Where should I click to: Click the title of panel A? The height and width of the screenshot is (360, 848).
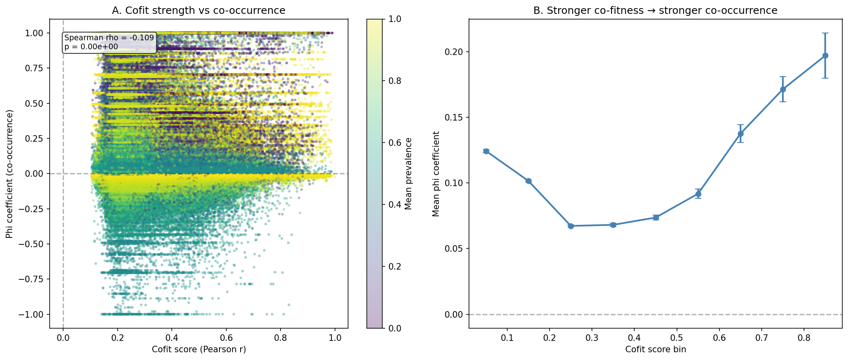pyautogui.click(x=199, y=11)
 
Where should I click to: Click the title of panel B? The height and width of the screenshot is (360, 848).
pyautogui.click(x=655, y=11)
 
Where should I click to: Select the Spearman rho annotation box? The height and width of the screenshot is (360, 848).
pyautogui.click(x=109, y=42)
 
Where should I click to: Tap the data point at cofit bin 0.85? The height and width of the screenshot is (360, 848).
pyautogui.click(x=825, y=55)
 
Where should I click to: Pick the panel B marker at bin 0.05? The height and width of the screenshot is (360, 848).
pyautogui.click(x=486, y=151)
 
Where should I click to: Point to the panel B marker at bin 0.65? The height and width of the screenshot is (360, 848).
pyautogui.click(x=741, y=134)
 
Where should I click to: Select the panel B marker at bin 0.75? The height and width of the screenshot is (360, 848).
pyautogui.click(x=783, y=89)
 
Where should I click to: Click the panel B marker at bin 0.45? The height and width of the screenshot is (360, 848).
pyautogui.click(x=656, y=217)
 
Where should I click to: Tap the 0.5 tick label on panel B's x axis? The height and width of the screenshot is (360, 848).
pyautogui.click(x=677, y=338)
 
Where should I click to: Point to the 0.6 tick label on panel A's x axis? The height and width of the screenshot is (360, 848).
pyautogui.click(x=226, y=338)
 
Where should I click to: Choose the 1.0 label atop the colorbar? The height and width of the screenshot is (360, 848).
pyautogui.click(x=395, y=19)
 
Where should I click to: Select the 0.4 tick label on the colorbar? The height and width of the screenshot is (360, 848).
pyautogui.click(x=395, y=205)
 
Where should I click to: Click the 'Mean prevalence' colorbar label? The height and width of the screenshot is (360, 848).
pyautogui.click(x=409, y=173)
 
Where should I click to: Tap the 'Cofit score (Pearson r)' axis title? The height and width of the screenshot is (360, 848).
pyautogui.click(x=199, y=349)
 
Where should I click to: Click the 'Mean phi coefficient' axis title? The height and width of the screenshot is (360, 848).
pyautogui.click(x=436, y=173)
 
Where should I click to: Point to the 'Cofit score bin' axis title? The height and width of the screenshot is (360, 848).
pyautogui.click(x=655, y=349)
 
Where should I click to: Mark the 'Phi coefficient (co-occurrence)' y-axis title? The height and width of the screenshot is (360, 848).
pyautogui.click(x=9, y=173)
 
